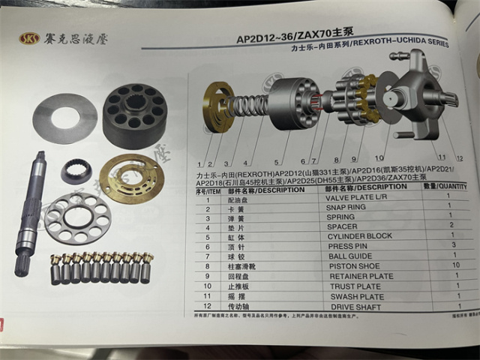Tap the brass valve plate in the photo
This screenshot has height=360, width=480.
(x=131, y=178)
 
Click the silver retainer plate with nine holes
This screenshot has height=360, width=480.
(x=77, y=217)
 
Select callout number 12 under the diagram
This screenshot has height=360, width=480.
(x=460, y=159)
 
